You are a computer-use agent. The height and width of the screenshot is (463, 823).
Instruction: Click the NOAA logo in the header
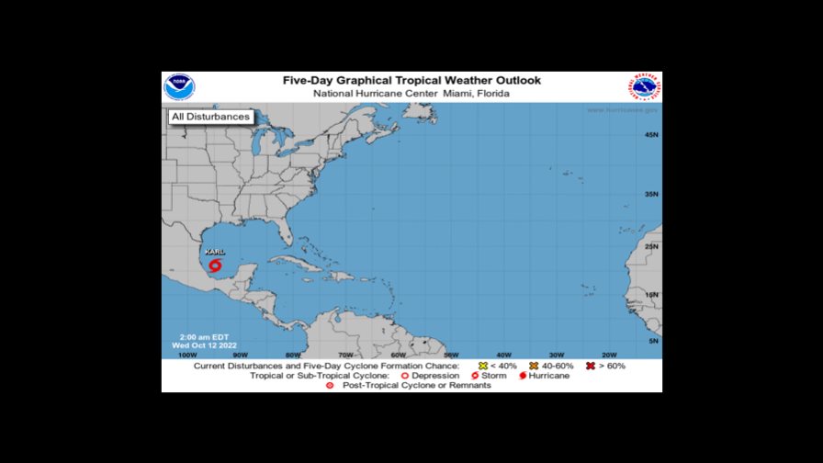coord(179,87)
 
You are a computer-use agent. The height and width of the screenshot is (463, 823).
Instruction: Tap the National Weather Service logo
coord(646,88)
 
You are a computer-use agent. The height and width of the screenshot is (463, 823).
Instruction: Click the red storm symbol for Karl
coord(215,265)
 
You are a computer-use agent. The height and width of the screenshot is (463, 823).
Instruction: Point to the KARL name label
coord(215,251)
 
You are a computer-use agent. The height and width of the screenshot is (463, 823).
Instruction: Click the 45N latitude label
coord(651,135)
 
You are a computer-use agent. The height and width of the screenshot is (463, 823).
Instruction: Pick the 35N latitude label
coord(651,194)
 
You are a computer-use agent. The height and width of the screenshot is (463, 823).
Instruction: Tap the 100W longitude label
coord(186,355)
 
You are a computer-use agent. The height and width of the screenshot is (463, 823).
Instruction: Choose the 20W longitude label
coord(608,355)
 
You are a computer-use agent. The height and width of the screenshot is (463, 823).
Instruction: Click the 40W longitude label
coord(503,355)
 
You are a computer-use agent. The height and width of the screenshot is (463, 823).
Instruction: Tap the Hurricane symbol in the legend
coord(522,376)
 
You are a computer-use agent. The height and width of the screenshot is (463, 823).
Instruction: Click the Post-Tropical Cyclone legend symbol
coord(329,386)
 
